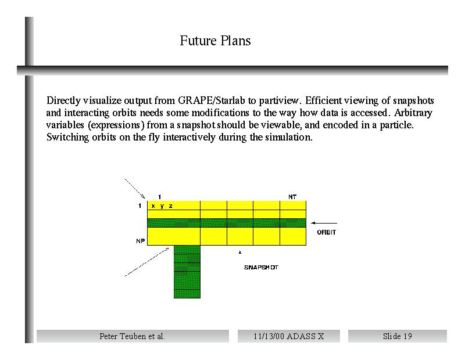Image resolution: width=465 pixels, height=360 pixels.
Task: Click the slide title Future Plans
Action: tap(215, 41)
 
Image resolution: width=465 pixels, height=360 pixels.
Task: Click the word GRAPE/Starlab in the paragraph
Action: tap(212, 100)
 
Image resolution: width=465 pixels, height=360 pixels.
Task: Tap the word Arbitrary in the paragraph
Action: tap(413, 113)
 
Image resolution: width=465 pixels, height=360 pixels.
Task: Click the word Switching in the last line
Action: tap(67, 138)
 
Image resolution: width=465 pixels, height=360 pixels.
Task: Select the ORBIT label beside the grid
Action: tap(326, 232)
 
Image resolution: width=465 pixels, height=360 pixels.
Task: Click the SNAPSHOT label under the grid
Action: tap(261, 267)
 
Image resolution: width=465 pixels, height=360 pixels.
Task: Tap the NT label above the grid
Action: tap(292, 197)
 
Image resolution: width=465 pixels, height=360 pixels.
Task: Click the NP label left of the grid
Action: tap(140, 241)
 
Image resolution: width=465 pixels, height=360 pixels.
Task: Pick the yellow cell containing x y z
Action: tap(174, 206)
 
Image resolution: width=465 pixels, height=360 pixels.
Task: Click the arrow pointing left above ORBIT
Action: tap(324, 223)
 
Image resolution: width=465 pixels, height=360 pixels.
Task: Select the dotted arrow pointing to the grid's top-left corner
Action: tap(135, 189)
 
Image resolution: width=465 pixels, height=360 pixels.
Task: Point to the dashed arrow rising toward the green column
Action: tap(147, 262)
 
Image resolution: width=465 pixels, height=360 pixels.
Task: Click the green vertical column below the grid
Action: tap(187, 272)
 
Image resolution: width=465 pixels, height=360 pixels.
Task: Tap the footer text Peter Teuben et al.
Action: tap(133, 336)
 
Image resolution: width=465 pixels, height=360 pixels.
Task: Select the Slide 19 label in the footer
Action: tap(398, 336)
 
